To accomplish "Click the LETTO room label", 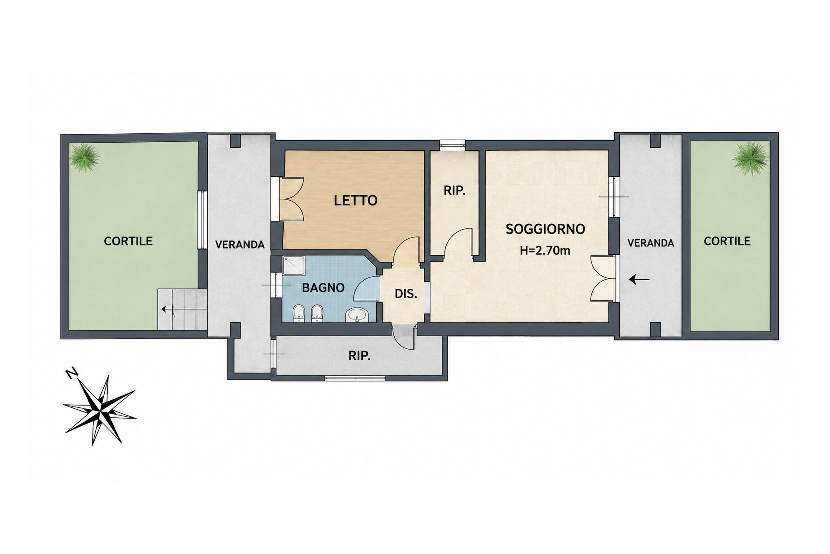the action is (355, 201).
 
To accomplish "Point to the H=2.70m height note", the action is (545, 251).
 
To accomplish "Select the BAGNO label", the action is (323, 288).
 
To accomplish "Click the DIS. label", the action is (406, 294).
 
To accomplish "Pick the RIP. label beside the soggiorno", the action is (454, 191).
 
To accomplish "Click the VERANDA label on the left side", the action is (240, 244).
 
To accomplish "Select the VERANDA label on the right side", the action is (651, 243).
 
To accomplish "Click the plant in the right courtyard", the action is (750, 159).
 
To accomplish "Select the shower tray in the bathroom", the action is (294, 265).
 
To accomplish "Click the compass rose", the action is (100, 411).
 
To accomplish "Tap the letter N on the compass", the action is (72, 373).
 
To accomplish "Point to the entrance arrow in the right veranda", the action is (639, 280).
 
